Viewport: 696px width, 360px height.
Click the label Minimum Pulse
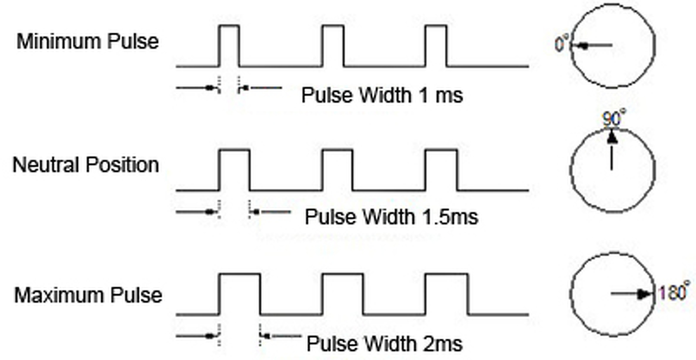[x=88, y=42]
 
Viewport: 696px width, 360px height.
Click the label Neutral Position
[x=86, y=165]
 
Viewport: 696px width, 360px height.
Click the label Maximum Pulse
[x=88, y=295]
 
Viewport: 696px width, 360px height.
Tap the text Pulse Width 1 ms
[x=382, y=96]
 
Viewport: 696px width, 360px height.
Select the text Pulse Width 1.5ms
[x=391, y=217]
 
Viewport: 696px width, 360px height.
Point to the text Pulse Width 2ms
[x=384, y=344]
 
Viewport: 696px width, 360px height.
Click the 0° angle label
[x=562, y=44]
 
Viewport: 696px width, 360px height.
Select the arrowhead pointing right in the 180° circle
[x=644, y=294]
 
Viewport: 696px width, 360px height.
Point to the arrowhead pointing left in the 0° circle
[x=581, y=46]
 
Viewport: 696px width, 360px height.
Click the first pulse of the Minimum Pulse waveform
[x=229, y=46]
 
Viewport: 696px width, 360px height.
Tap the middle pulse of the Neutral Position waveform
[x=338, y=170]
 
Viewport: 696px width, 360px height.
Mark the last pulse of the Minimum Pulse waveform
[x=436, y=46]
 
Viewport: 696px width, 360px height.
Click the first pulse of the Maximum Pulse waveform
[x=239, y=294]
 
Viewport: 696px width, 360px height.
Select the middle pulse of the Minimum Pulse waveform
[x=333, y=46]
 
